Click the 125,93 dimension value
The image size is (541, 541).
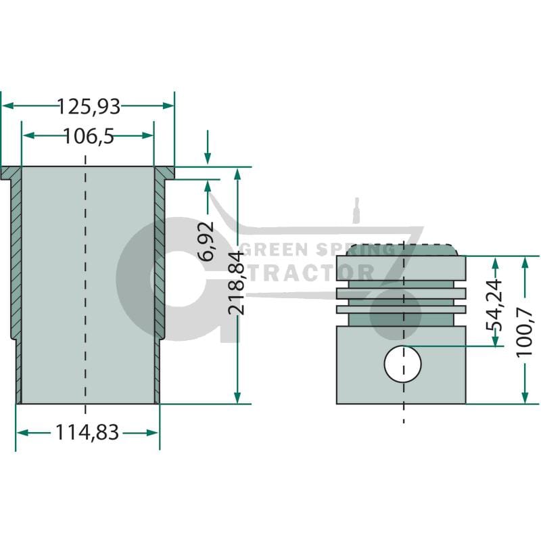coord(89,106)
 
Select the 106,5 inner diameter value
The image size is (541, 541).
coord(89,137)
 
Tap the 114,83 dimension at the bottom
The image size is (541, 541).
coord(87,432)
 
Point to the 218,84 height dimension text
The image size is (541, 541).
coord(236,283)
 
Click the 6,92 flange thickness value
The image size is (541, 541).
coord(207,241)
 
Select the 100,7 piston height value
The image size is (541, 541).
coord(525,333)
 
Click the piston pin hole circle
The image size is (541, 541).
coord(402,364)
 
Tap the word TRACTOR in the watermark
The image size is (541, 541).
coord(312,273)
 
